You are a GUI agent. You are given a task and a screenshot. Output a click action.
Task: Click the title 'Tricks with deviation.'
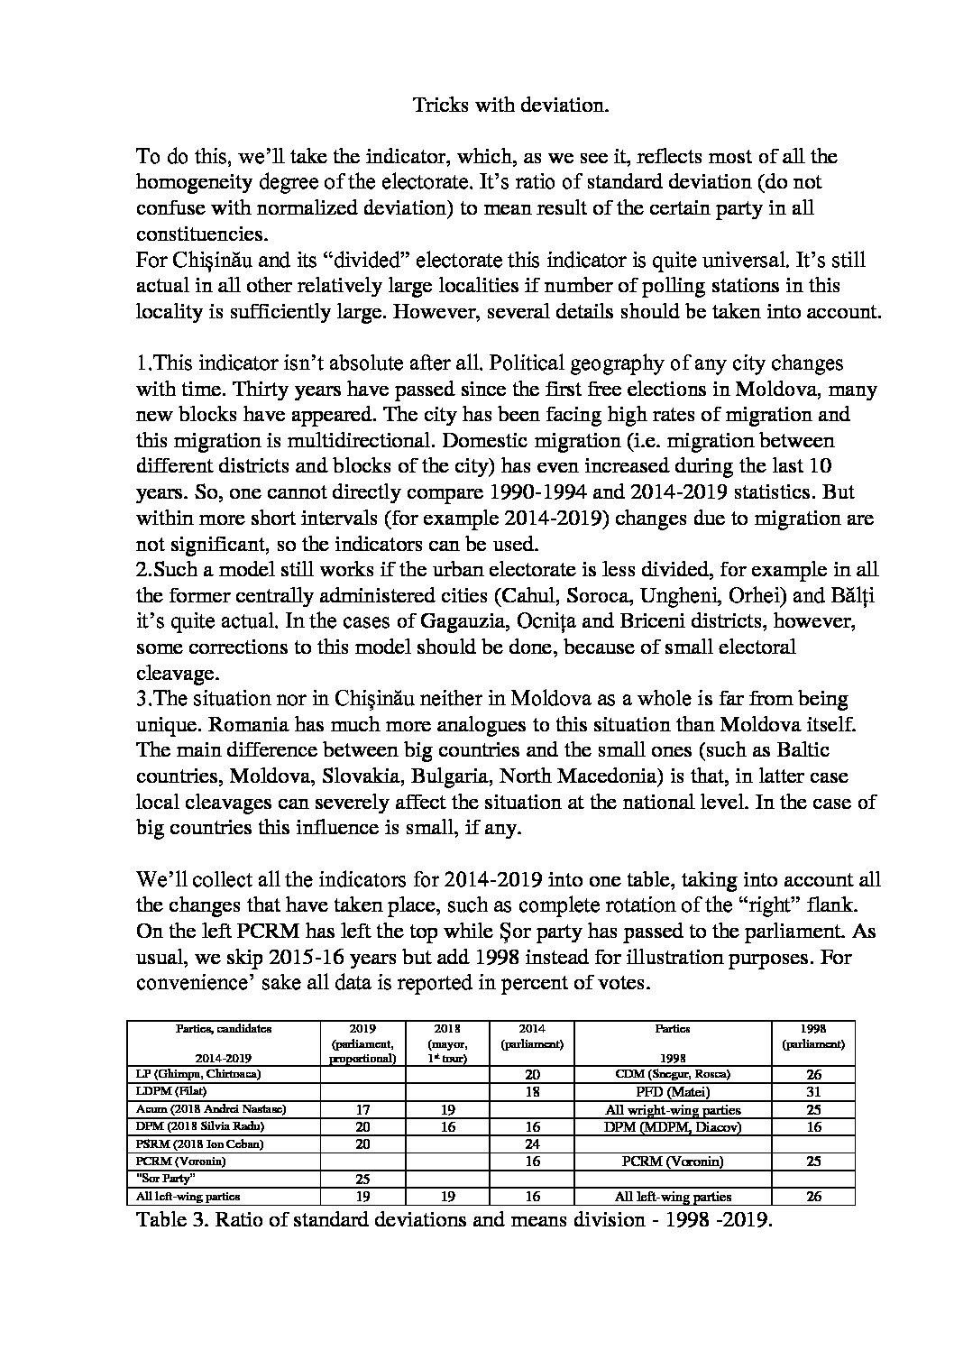511,105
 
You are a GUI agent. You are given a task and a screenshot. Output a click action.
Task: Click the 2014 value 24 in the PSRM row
532,1143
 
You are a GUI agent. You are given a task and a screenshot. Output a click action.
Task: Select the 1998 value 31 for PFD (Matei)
812,1092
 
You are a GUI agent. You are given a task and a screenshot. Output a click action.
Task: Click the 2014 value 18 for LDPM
532,1092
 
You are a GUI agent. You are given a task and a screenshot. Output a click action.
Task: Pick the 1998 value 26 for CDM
812,1075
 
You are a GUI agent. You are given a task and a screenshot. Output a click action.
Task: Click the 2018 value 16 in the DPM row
448,1126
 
